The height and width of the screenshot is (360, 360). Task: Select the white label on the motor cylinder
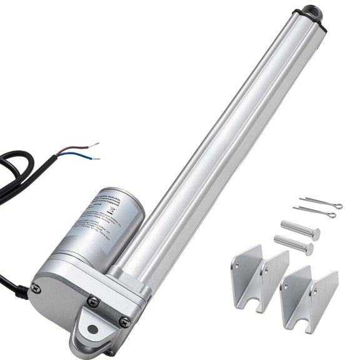click(100, 226)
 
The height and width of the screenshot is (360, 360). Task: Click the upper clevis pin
click(301, 229)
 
